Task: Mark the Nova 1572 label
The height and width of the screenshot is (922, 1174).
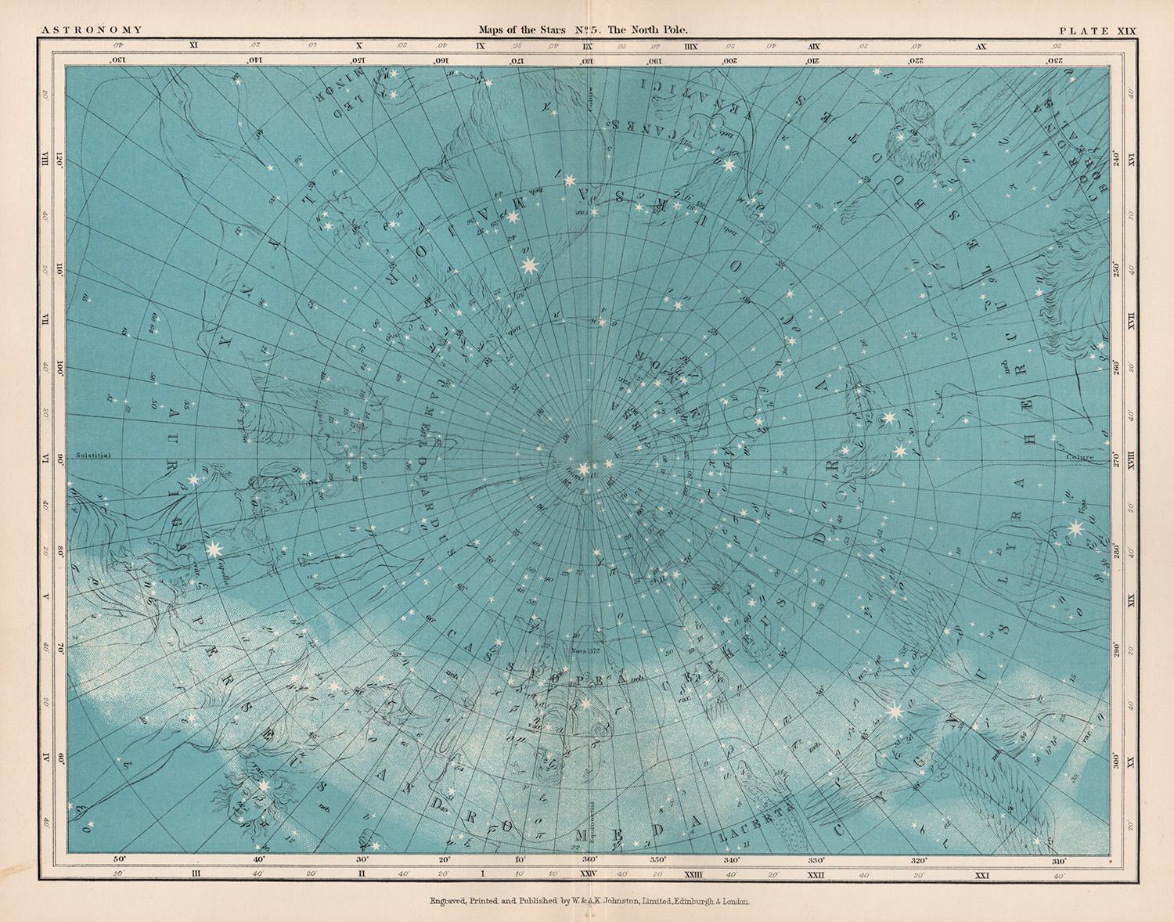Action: click(x=585, y=648)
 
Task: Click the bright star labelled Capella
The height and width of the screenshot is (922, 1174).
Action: click(x=213, y=550)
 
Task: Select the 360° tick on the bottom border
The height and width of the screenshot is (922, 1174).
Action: click(x=589, y=859)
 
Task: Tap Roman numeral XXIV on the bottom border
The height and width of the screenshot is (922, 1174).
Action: click(x=588, y=873)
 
